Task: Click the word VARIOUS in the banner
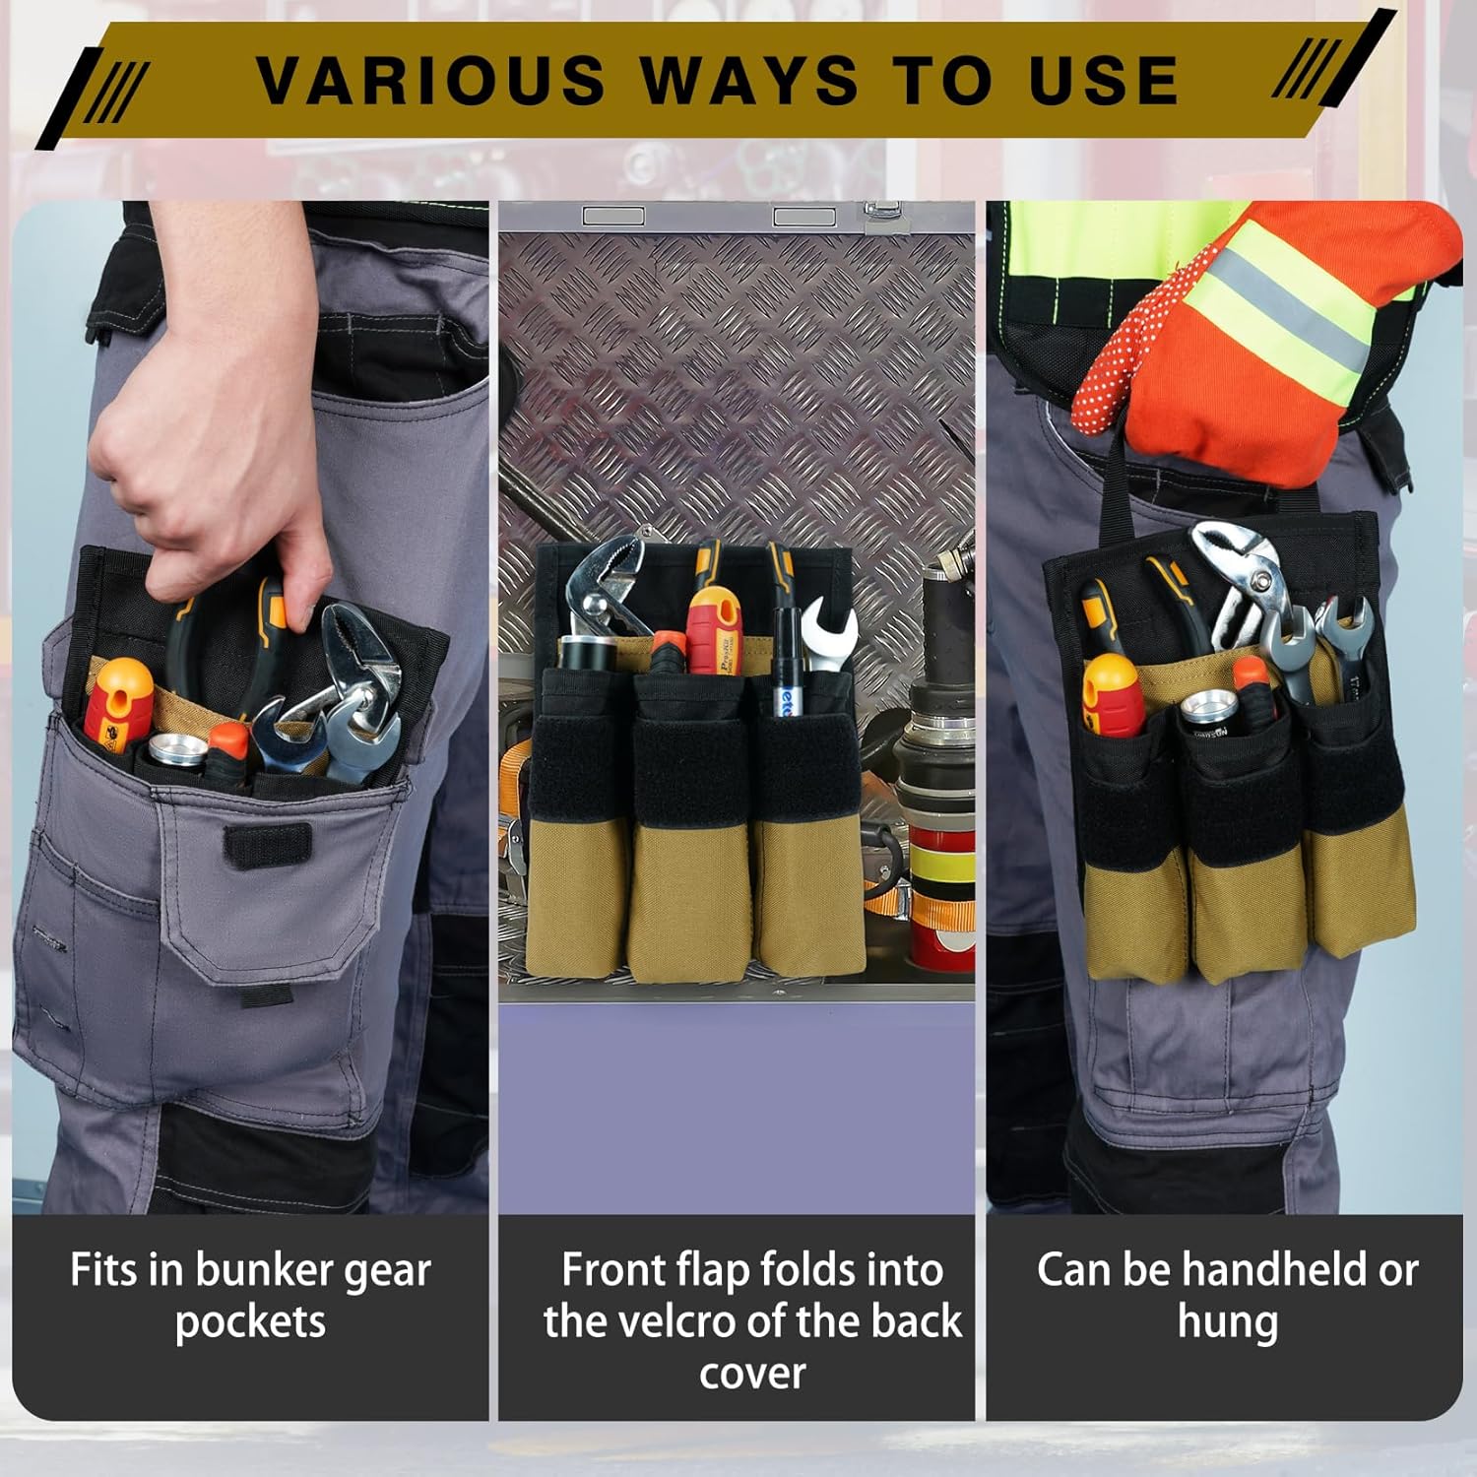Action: [x=430, y=80]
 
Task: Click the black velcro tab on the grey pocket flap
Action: [x=267, y=845]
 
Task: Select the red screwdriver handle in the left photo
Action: [x=116, y=704]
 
